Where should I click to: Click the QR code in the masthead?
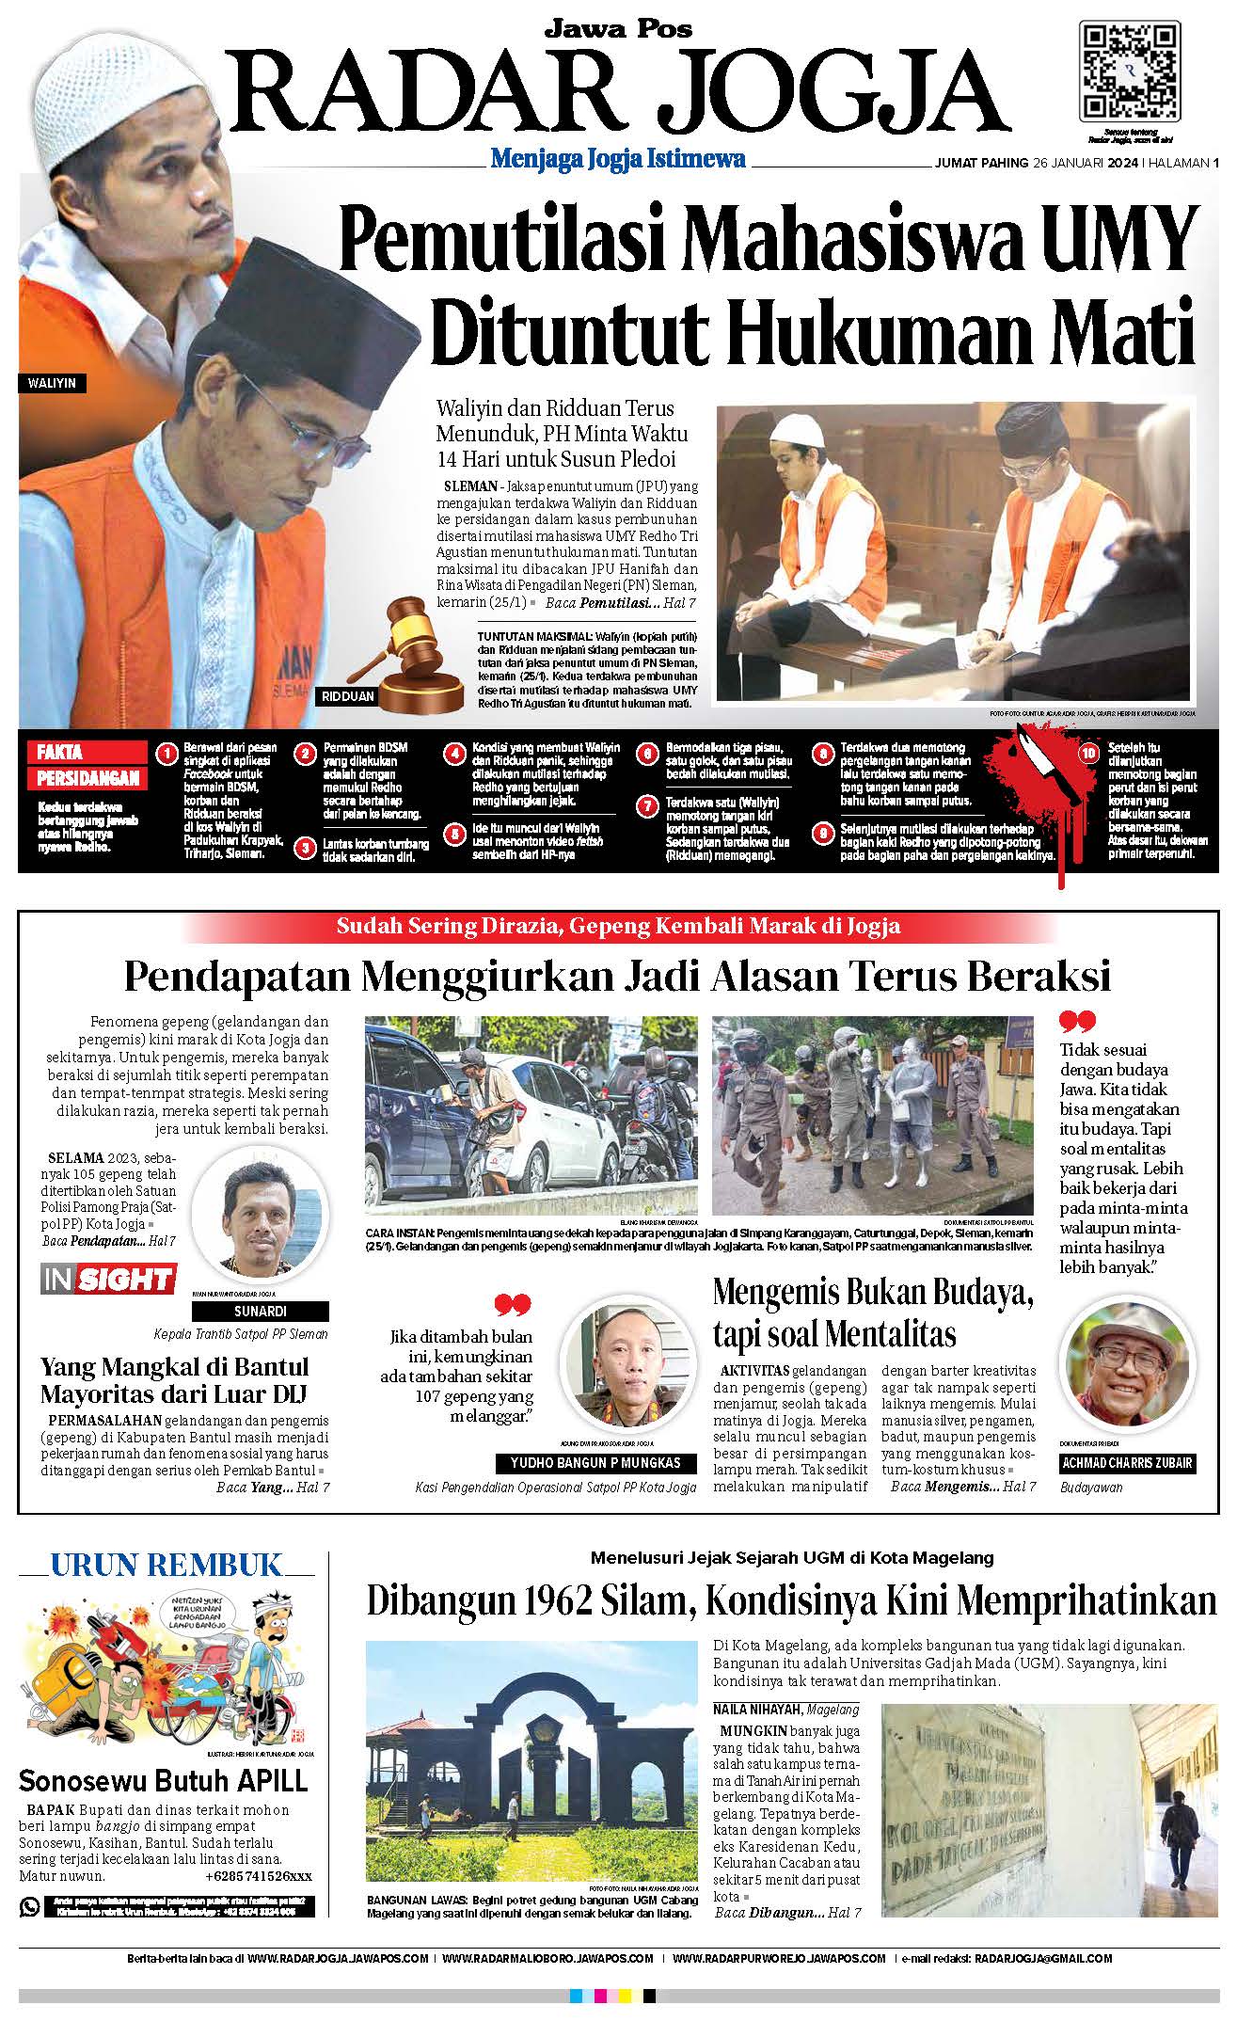(x=1130, y=70)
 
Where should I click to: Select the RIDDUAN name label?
(x=348, y=697)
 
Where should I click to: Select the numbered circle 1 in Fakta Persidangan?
(x=167, y=755)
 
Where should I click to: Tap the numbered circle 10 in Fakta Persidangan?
(x=1089, y=753)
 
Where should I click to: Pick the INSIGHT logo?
(x=108, y=1280)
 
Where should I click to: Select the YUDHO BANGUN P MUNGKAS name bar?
(x=595, y=1463)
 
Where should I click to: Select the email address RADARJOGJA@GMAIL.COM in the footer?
(x=1043, y=1959)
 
